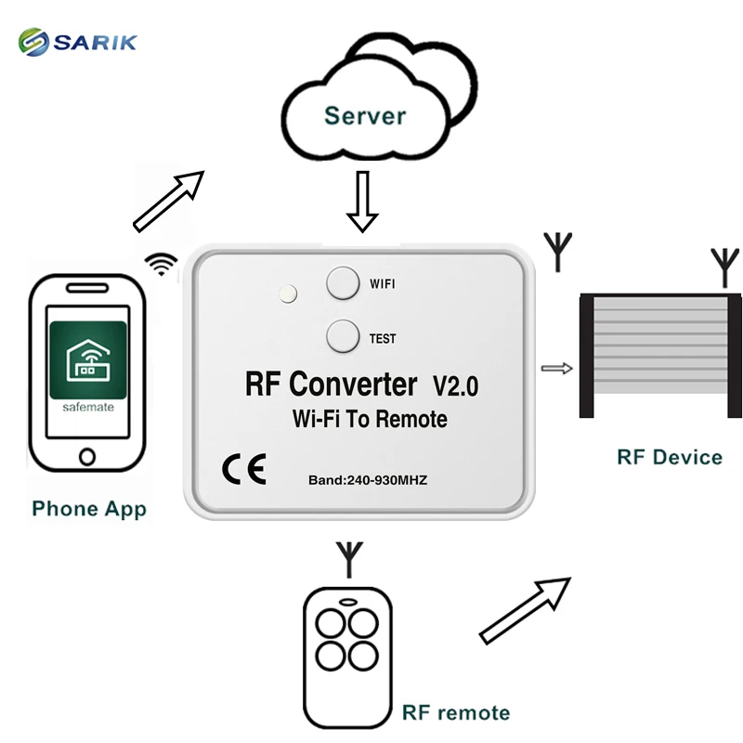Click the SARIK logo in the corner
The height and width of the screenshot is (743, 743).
[78, 41]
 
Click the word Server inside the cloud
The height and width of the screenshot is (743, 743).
[365, 116]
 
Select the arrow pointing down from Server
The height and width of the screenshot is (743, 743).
[362, 201]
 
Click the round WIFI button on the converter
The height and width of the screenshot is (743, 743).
[343, 282]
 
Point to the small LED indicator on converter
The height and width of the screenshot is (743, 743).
[288, 294]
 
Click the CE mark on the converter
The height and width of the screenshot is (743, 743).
[244, 470]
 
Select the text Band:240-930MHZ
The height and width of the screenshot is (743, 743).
[367, 480]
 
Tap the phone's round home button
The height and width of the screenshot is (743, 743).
[87, 457]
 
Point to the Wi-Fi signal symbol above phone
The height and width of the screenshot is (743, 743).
[162, 264]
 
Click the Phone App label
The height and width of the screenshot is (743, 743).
[89, 509]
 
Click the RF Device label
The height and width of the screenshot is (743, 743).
[669, 457]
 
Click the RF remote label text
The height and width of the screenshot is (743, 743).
[456, 713]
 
